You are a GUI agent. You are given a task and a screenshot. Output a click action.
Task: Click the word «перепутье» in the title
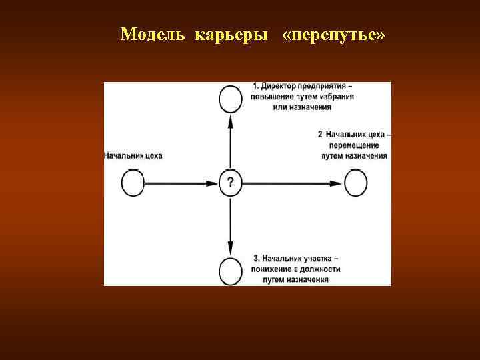[x=334, y=34]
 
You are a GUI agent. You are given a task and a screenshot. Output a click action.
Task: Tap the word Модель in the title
[x=155, y=34]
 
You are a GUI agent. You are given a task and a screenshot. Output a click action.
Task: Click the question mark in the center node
[x=230, y=182]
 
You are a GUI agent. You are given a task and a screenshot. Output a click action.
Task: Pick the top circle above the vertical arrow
[x=230, y=99]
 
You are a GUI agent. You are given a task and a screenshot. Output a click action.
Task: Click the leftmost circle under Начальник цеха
[x=133, y=182]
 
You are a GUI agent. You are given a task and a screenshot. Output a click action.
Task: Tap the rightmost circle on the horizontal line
[x=355, y=182]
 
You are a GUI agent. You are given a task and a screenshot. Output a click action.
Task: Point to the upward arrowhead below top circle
[x=230, y=120]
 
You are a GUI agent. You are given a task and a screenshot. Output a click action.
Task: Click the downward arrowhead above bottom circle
[x=230, y=247]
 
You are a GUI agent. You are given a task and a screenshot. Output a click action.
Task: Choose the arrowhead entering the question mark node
[x=215, y=182]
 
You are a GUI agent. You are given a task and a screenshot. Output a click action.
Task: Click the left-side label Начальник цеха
[x=133, y=155]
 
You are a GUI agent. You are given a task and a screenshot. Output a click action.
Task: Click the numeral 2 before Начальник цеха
[x=321, y=134]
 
